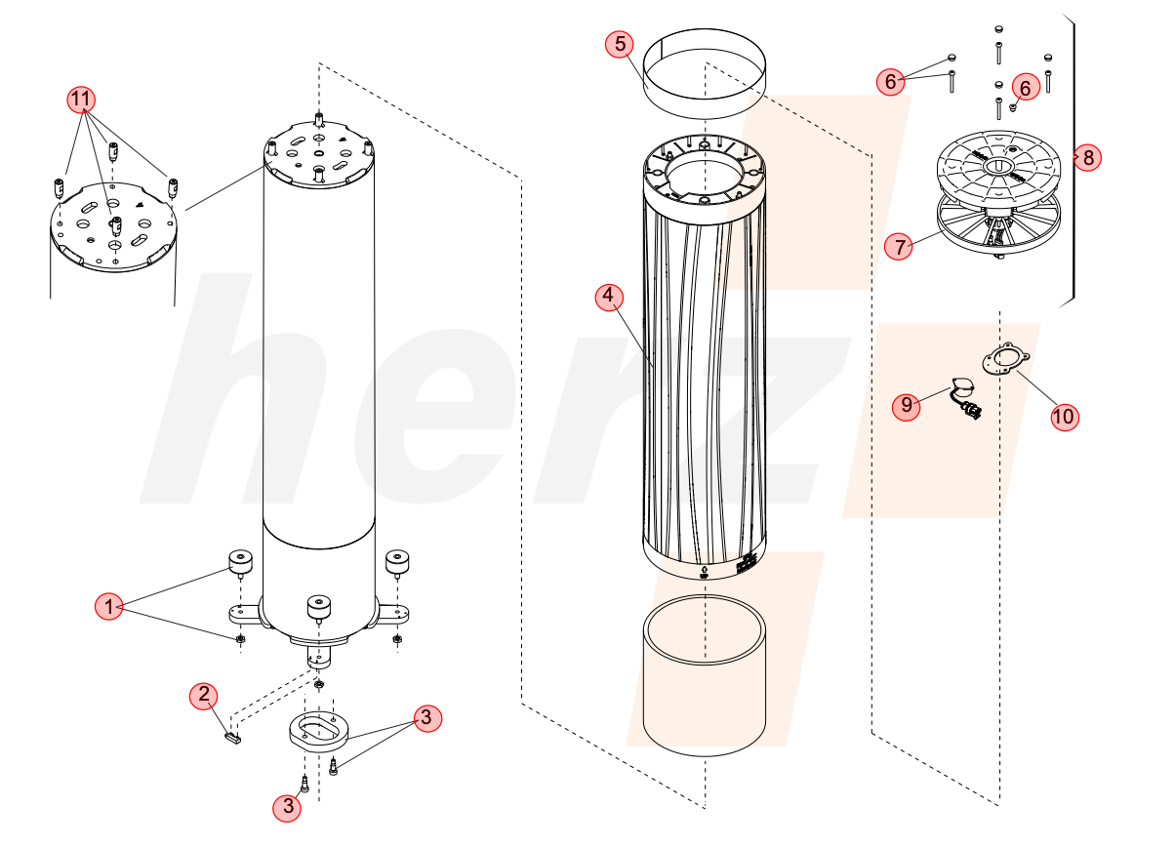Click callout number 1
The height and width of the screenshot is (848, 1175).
(x=108, y=607)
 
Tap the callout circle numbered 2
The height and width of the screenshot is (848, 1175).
(x=204, y=696)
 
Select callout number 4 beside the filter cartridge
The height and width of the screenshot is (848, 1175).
(x=609, y=297)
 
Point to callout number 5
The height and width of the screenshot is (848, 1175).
(x=620, y=43)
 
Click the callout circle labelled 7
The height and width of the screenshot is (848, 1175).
(x=899, y=246)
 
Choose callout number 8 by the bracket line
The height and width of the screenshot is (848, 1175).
(x=1087, y=157)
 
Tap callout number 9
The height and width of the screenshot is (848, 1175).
(x=907, y=405)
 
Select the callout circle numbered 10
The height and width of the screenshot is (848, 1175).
(x=1065, y=417)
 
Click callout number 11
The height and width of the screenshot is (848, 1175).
(x=81, y=100)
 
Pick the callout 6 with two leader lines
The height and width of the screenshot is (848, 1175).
(x=891, y=81)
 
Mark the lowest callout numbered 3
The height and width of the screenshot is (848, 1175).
(x=287, y=807)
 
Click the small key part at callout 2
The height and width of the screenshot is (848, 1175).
(x=233, y=739)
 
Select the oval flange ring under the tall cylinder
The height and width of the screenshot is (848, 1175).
(x=319, y=732)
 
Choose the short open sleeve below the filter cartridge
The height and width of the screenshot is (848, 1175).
(x=704, y=676)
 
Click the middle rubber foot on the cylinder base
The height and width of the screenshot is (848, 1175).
(x=319, y=609)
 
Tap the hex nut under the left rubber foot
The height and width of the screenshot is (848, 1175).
(x=240, y=639)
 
